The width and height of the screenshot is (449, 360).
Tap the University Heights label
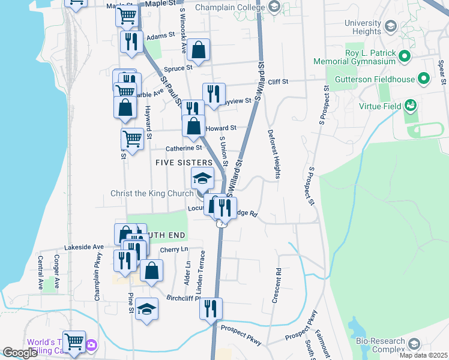(363, 27)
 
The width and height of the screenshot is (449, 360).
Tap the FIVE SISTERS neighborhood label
(184, 163)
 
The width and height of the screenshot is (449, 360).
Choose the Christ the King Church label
(152, 194)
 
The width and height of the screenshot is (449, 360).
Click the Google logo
(20, 353)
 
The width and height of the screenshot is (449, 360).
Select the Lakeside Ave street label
(85, 247)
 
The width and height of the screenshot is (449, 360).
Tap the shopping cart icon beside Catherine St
(133, 139)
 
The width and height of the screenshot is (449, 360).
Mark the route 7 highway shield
(221, 224)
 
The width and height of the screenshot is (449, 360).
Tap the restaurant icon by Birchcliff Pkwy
(211, 308)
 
